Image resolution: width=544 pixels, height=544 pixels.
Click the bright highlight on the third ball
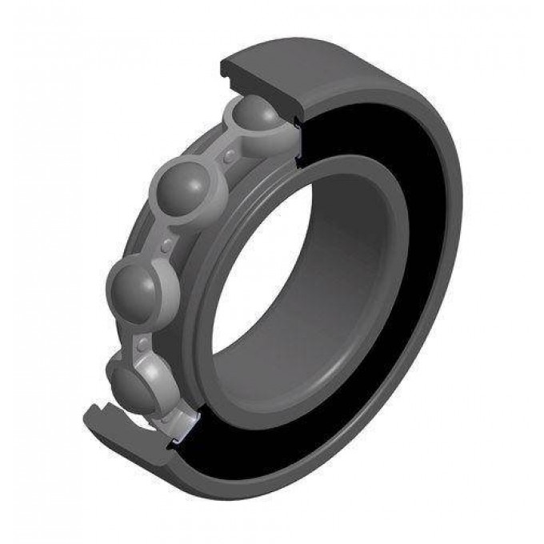pyautogui.click(x=128, y=276)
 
